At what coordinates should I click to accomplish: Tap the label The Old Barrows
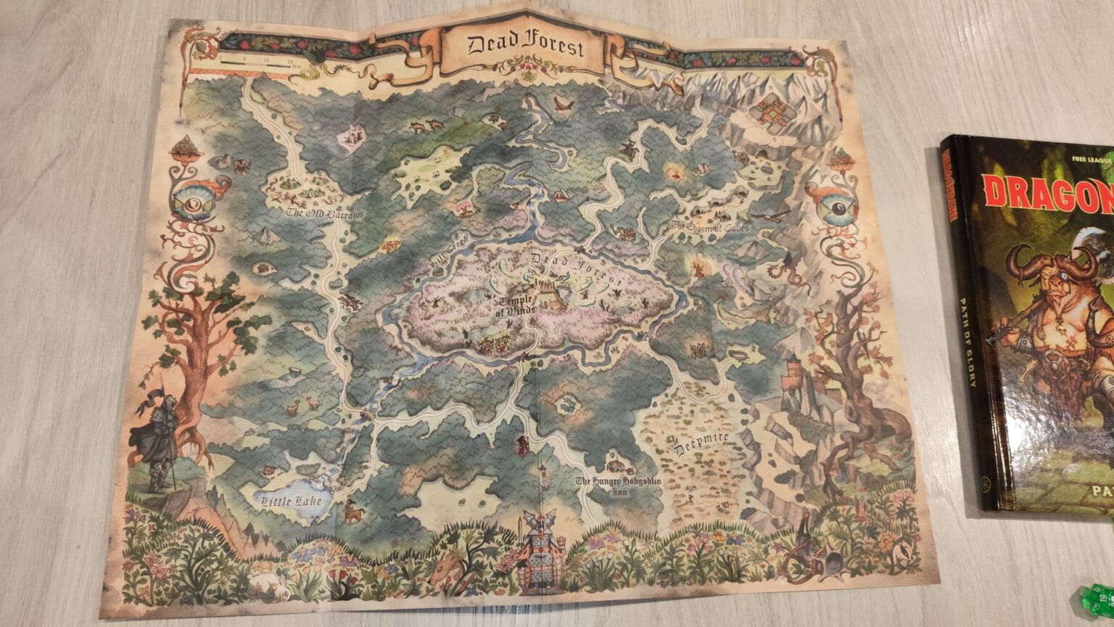tap(323, 214)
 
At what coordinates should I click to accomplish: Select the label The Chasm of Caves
tap(709, 226)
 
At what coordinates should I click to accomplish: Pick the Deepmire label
tap(702, 443)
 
